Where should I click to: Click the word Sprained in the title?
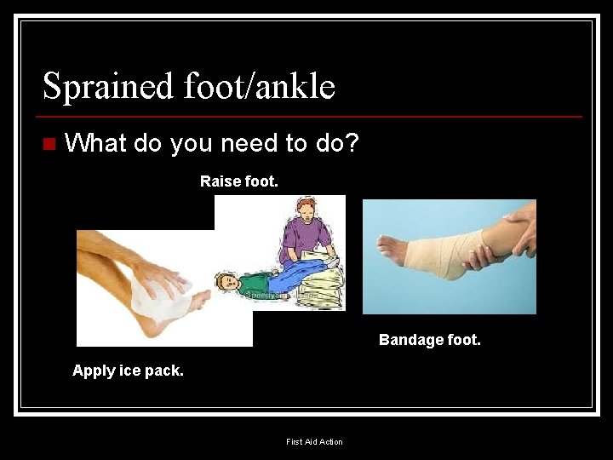(x=106, y=86)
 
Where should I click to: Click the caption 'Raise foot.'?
(x=239, y=181)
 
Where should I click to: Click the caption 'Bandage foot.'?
(x=430, y=340)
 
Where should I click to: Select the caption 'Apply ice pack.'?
(x=128, y=371)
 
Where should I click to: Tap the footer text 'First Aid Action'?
(x=314, y=441)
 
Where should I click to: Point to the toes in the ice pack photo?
(x=203, y=298)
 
